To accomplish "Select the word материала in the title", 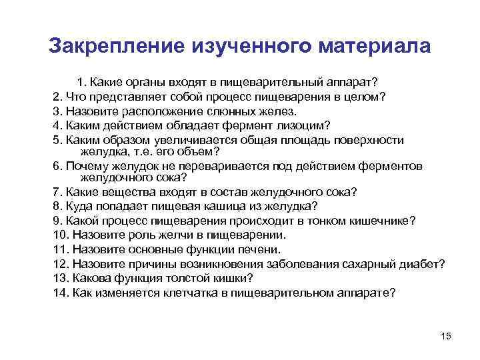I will click(376, 46).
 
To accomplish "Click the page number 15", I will click(446, 335).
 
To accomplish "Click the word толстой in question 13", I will click(187, 278).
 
